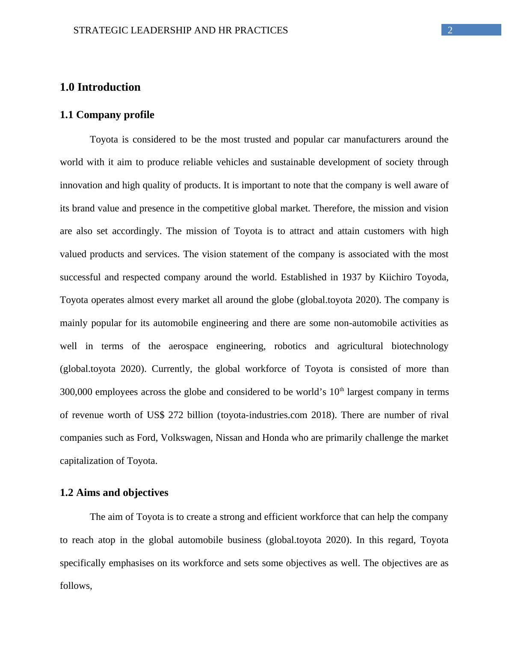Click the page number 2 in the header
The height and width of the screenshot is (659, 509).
pyautogui.click(x=450, y=30)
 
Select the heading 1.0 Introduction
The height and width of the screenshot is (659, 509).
pyautogui.click(x=100, y=87)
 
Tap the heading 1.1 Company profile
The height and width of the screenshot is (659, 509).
pyautogui.click(x=107, y=115)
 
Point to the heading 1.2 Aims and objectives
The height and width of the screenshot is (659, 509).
pyautogui.click(x=114, y=493)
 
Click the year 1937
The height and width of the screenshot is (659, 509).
pyautogui.click(x=352, y=277)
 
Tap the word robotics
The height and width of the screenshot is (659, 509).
pyautogui.click(x=290, y=346)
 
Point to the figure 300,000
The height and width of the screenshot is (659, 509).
pyautogui.click(x=76, y=392)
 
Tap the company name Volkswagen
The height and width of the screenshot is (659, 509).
pyautogui.click(x=186, y=438)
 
